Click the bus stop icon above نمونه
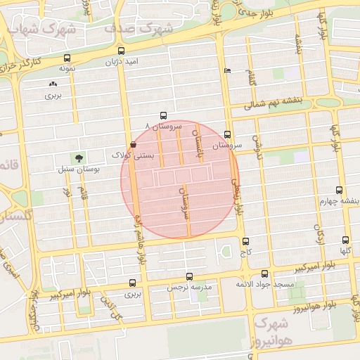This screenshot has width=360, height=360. point(67,58)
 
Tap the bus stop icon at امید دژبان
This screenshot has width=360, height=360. point(122,51)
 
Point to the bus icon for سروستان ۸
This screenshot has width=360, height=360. point(164,115)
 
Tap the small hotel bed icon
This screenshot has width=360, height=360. point(226,71)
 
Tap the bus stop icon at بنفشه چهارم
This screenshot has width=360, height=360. point(340,190)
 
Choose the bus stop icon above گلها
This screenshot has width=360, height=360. point(345,240)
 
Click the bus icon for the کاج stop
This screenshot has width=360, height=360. point(245,240)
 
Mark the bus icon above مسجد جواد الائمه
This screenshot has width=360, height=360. point(264,274)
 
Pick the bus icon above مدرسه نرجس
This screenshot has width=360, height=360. point(188,277)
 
